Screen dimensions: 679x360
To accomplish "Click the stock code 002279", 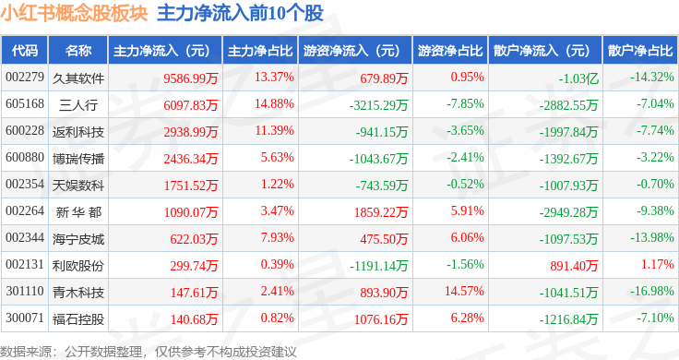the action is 25,78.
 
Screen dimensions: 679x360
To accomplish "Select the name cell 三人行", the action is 78,105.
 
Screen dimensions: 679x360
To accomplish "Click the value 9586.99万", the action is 191,78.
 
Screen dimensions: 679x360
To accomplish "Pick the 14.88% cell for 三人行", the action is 274,104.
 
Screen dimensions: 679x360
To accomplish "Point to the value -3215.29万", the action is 378,105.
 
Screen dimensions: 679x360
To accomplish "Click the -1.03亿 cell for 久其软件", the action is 578,78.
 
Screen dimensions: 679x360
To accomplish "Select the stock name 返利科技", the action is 78,132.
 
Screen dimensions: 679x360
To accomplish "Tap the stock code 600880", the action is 25,157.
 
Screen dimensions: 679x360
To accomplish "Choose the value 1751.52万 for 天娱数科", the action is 191,186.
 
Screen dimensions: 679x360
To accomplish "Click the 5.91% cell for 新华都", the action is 467,211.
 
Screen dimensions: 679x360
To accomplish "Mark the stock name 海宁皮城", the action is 78,239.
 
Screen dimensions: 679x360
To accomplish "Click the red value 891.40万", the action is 574,266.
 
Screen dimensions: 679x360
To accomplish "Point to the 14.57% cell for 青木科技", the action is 464,291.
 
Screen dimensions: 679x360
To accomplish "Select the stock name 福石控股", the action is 78,319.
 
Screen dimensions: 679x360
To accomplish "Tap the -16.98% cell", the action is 651,291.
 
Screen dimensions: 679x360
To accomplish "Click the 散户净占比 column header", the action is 640,51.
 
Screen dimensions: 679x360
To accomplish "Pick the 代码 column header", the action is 25,51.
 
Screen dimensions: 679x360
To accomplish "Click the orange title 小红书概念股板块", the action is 74,14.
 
